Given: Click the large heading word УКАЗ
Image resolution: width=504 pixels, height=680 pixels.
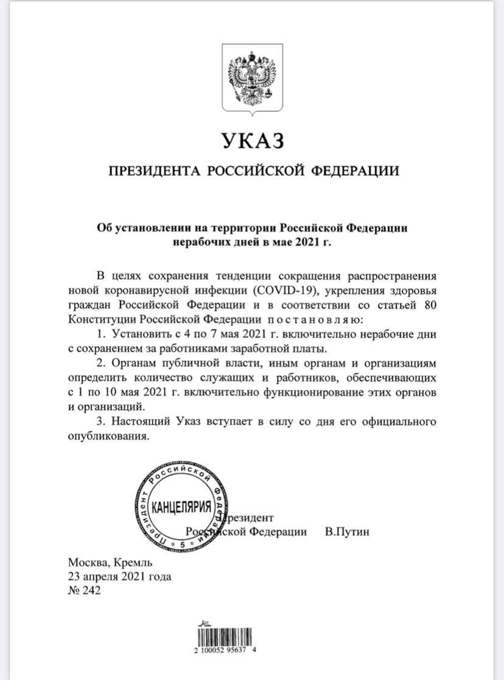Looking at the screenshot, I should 253,142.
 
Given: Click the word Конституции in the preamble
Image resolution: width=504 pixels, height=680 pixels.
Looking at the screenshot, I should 102,319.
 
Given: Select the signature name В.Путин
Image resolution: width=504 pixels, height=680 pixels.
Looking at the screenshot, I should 347,532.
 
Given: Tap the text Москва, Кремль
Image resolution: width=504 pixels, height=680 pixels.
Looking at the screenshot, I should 106,562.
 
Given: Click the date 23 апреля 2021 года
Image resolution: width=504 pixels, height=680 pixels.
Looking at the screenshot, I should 120,576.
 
